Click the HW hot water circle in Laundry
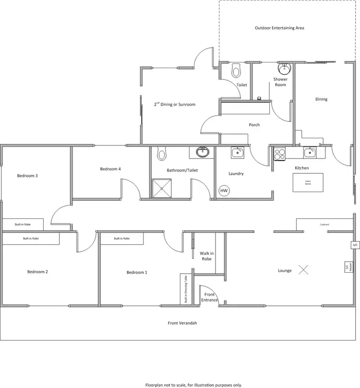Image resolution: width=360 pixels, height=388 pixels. tap(224, 191)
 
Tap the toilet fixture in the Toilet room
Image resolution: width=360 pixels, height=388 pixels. tap(236, 71)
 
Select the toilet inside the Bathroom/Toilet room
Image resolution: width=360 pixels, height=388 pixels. tap(162, 154)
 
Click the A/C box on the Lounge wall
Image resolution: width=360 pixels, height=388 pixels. tap(355, 245)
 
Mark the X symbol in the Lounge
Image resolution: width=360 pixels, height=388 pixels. tap(303, 269)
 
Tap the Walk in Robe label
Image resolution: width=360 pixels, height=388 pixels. tap(206, 255)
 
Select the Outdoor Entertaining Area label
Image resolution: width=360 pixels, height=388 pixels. tap(279, 28)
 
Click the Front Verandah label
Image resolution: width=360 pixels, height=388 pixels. tap(182, 323)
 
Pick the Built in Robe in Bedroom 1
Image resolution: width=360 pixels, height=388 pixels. tap(121, 238)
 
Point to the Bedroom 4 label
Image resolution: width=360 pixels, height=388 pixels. tap(110, 169)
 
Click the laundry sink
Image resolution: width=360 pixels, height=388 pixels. tap(237, 153)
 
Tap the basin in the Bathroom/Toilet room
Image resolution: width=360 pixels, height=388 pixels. tap(203, 153)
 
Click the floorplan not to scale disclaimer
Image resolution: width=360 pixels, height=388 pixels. tap(193, 385)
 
